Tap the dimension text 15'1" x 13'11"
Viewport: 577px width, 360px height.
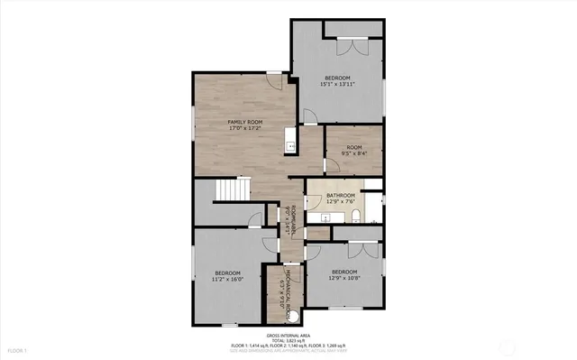(x=338, y=85)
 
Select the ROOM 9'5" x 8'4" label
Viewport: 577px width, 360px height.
(x=353, y=147)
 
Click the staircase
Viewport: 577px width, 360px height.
(x=234, y=192)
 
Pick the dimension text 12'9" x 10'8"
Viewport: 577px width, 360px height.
(x=343, y=278)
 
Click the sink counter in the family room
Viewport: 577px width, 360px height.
(x=290, y=138)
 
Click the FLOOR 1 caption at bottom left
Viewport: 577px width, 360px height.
(x=17, y=349)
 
